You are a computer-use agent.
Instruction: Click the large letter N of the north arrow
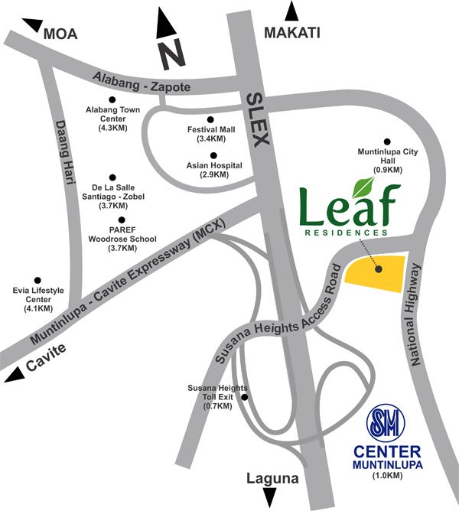pos(174,54)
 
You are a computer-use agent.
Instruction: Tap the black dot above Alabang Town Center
pos(112,99)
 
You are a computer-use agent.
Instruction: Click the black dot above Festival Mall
pos(210,120)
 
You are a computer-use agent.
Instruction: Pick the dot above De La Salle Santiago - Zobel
pos(112,177)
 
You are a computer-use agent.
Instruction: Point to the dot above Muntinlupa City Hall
pos(387,142)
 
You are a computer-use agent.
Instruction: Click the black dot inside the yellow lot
pos(378,269)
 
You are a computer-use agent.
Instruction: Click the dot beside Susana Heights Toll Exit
pos(245,397)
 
